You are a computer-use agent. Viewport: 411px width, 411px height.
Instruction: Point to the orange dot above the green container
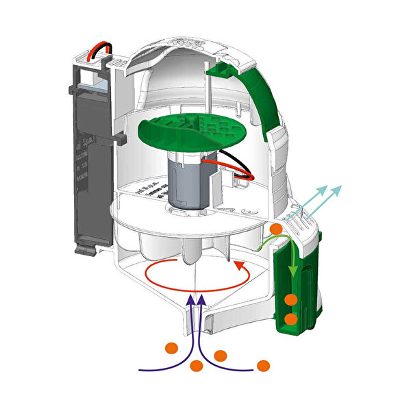(276, 228)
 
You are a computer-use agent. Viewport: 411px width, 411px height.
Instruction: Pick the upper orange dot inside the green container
(292, 299)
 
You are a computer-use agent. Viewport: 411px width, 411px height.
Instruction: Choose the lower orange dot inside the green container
(291, 319)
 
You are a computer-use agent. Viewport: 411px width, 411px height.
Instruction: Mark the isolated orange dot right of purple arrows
(264, 365)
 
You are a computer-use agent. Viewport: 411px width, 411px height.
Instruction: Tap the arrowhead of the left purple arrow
(192, 297)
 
